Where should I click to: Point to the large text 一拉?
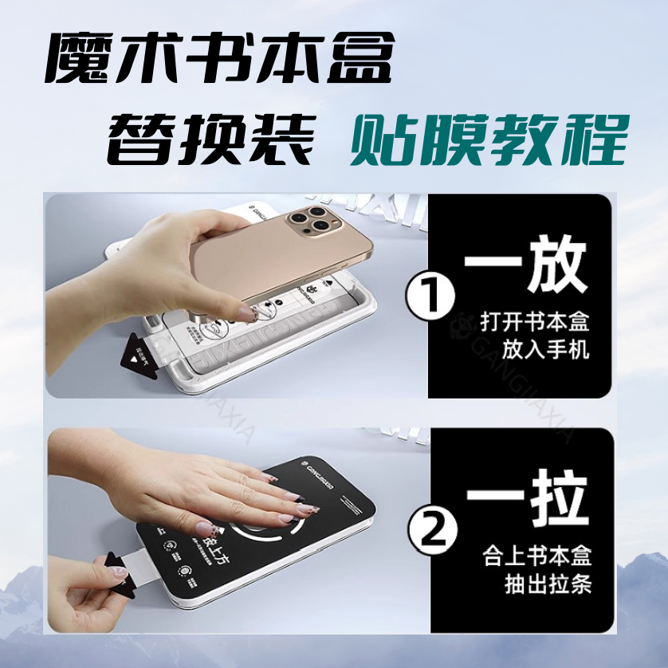coord(526,496)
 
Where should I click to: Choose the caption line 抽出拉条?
coord(547,583)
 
